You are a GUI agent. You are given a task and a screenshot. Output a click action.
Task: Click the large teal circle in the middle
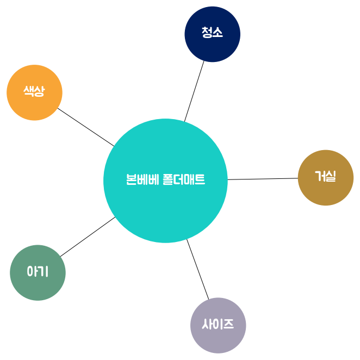pyautogui.click(x=165, y=207)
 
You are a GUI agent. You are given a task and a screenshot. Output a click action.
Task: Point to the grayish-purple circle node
pyautogui.click(x=218, y=338)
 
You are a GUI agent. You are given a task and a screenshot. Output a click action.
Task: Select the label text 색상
pyautogui.click(x=34, y=91)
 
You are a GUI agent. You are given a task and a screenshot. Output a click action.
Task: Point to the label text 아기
pyautogui.click(x=38, y=271)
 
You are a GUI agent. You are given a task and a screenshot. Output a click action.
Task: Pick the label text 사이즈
pyautogui.click(x=218, y=325)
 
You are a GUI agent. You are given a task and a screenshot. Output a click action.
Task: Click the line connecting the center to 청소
pyautogui.click(x=194, y=91)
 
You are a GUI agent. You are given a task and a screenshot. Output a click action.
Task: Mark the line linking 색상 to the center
pyautogui.click(x=86, y=127)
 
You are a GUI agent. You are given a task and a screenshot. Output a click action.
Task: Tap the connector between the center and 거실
pyautogui.click(x=263, y=179)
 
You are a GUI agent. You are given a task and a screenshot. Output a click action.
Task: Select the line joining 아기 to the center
pyautogui.click(x=88, y=237)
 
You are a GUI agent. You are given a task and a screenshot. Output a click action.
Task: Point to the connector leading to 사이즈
pyautogui.click(x=197, y=269)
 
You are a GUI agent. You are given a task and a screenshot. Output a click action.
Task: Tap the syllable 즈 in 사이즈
pyautogui.click(x=228, y=325)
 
